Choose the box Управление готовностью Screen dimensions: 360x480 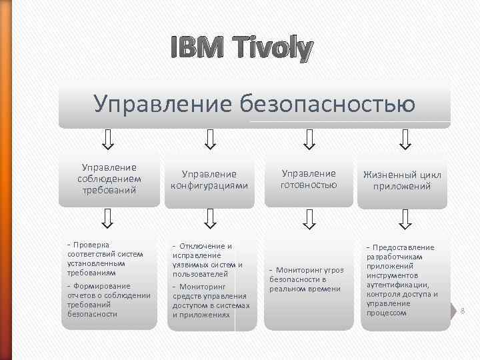(x=309, y=179)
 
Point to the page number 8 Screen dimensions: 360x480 (x=462, y=311)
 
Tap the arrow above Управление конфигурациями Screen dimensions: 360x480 (x=209, y=139)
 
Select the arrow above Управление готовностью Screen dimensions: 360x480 (x=309, y=139)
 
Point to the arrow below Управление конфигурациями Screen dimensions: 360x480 (x=209, y=218)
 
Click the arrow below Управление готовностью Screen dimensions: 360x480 (x=309, y=218)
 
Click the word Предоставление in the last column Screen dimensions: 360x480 (x=403, y=247)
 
